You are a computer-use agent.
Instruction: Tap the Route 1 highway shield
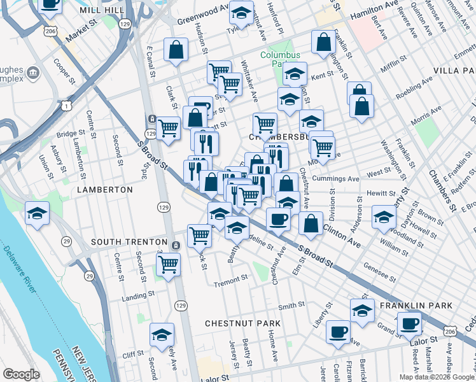[x=66, y=106]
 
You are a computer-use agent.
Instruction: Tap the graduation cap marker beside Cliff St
[x=162, y=334]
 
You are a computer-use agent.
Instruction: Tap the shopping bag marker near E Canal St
[x=176, y=49]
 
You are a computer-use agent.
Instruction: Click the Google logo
[x=21, y=374]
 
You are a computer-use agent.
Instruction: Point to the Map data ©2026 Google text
[x=437, y=377]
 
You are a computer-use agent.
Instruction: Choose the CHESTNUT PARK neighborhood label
[x=242, y=323]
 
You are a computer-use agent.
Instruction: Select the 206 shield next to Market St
[x=50, y=30]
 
